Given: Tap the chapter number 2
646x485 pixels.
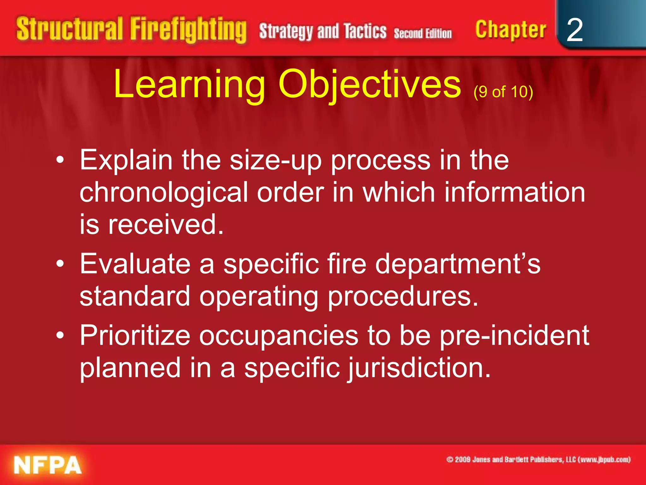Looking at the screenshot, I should click(x=574, y=30).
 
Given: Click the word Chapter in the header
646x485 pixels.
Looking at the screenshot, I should click(x=510, y=30).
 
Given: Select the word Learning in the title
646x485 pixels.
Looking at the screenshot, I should click(x=189, y=85).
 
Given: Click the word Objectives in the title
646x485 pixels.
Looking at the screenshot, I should click(x=369, y=85).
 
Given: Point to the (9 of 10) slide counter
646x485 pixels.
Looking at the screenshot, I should click(x=503, y=92).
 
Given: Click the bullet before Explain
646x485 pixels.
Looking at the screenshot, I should click(x=60, y=160).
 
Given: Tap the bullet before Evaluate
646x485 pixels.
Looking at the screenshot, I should click(x=60, y=264).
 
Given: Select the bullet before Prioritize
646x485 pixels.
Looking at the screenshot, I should click(x=60, y=336).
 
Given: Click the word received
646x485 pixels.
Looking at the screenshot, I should click(x=166, y=225).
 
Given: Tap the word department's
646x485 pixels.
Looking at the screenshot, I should click(x=458, y=265).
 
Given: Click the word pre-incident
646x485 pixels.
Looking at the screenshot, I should click(x=514, y=336).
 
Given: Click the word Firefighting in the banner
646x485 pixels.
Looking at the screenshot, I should click(x=188, y=30).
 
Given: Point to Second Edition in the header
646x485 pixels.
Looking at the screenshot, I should click(x=423, y=33).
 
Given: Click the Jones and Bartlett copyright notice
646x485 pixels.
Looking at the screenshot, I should click(x=538, y=459).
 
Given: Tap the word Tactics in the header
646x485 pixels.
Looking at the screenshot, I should click(x=365, y=31).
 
